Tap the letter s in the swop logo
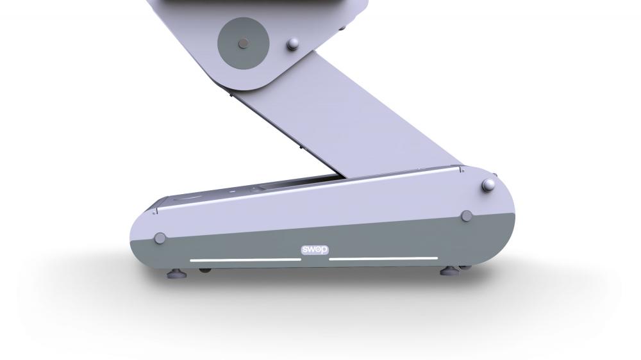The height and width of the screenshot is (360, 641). click(305, 250)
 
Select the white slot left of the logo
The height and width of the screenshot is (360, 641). click(246, 259)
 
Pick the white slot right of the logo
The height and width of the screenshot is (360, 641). click(383, 258)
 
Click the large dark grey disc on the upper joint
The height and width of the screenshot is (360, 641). click(243, 43)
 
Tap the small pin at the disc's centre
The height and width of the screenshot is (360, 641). click(243, 43)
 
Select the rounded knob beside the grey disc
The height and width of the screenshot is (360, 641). click(293, 44)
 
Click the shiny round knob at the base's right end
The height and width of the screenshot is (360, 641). click(488, 185)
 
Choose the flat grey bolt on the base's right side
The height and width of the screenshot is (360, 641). click(467, 216)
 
